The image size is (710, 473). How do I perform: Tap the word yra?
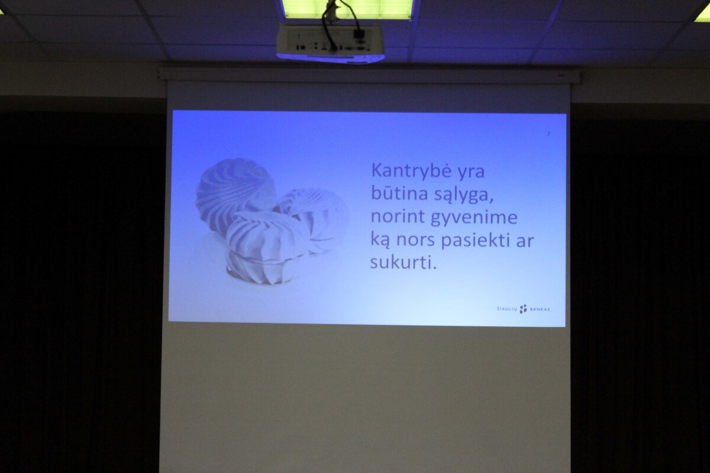472,173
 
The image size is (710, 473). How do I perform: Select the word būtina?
399,193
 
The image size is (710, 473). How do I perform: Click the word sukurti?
404,263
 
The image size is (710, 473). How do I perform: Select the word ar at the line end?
525,242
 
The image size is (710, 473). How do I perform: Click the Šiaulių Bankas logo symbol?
523,309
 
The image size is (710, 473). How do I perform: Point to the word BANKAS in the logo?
540,309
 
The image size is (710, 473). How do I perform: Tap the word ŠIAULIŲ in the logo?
507,309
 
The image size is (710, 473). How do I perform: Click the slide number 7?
548,134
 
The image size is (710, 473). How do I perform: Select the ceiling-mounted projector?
330,43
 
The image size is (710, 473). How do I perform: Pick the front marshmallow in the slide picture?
266,247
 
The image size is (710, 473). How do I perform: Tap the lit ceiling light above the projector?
348,9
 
